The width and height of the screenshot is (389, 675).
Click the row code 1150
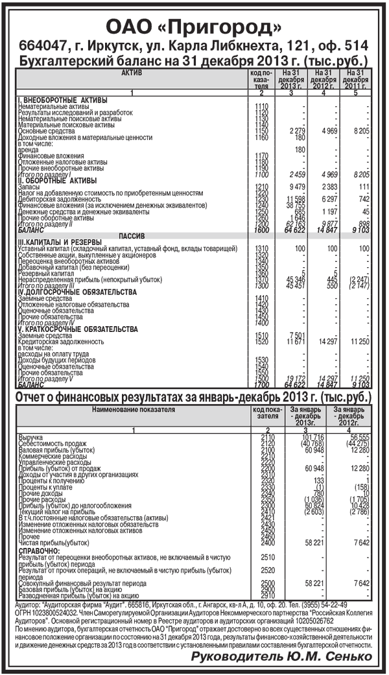click(262, 132)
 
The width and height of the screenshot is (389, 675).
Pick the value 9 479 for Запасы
click(295, 187)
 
